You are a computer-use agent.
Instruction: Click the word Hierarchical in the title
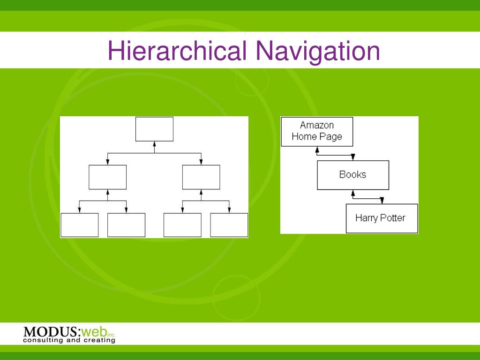point(177,51)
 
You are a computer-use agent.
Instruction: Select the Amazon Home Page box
point(316,131)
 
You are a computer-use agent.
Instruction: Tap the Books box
point(352,175)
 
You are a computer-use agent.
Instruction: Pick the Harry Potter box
point(382,218)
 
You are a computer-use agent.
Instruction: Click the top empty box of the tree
point(154,129)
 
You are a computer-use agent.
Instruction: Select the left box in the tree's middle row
point(107,177)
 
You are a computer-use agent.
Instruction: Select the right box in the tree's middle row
point(201,177)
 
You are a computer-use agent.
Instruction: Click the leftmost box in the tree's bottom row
point(79,225)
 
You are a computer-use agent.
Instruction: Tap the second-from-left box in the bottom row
point(126,225)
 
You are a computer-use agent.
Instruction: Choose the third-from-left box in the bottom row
point(182,225)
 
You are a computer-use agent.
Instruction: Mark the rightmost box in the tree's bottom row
point(229,225)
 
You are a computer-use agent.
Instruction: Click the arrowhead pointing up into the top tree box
point(154,144)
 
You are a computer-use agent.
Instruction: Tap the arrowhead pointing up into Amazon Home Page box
point(317,150)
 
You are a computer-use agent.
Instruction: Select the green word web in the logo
point(93,332)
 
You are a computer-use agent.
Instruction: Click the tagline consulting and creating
point(69,340)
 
